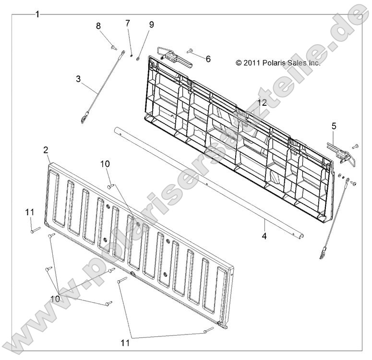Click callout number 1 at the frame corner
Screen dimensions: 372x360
click(x=37, y=14)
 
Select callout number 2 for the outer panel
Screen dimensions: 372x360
click(x=46, y=150)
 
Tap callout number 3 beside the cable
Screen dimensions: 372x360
click(x=78, y=79)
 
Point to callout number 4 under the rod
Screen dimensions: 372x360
click(x=264, y=236)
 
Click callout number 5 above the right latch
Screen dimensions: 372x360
click(x=334, y=126)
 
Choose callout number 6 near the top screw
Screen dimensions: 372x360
click(x=208, y=59)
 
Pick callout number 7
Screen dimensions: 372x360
click(x=128, y=23)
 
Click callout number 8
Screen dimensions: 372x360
click(x=98, y=26)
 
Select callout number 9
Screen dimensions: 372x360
click(x=151, y=25)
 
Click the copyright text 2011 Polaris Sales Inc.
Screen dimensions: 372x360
click(x=278, y=63)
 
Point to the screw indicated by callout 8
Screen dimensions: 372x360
click(x=114, y=48)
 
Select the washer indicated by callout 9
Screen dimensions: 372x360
click(x=138, y=59)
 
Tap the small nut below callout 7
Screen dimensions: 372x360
click(x=131, y=56)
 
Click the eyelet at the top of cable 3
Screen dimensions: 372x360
click(x=123, y=53)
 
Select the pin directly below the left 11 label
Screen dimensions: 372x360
click(x=36, y=230)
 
